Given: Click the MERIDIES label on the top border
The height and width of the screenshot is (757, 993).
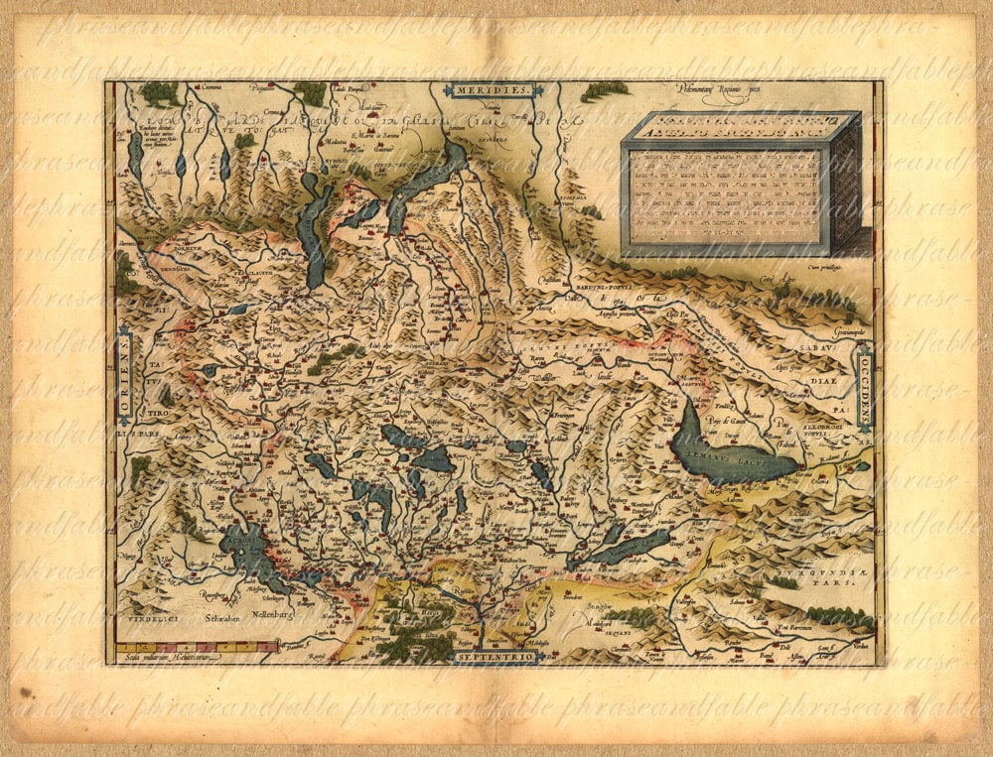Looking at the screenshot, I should click(x=494, y=90).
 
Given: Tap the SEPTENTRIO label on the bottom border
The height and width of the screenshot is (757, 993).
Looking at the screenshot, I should click(x=494, y=657).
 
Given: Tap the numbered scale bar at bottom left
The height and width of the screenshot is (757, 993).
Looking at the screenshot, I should click(x=199, y=646).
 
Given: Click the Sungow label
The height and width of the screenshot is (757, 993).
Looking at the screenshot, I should click(x=596, y=602).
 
